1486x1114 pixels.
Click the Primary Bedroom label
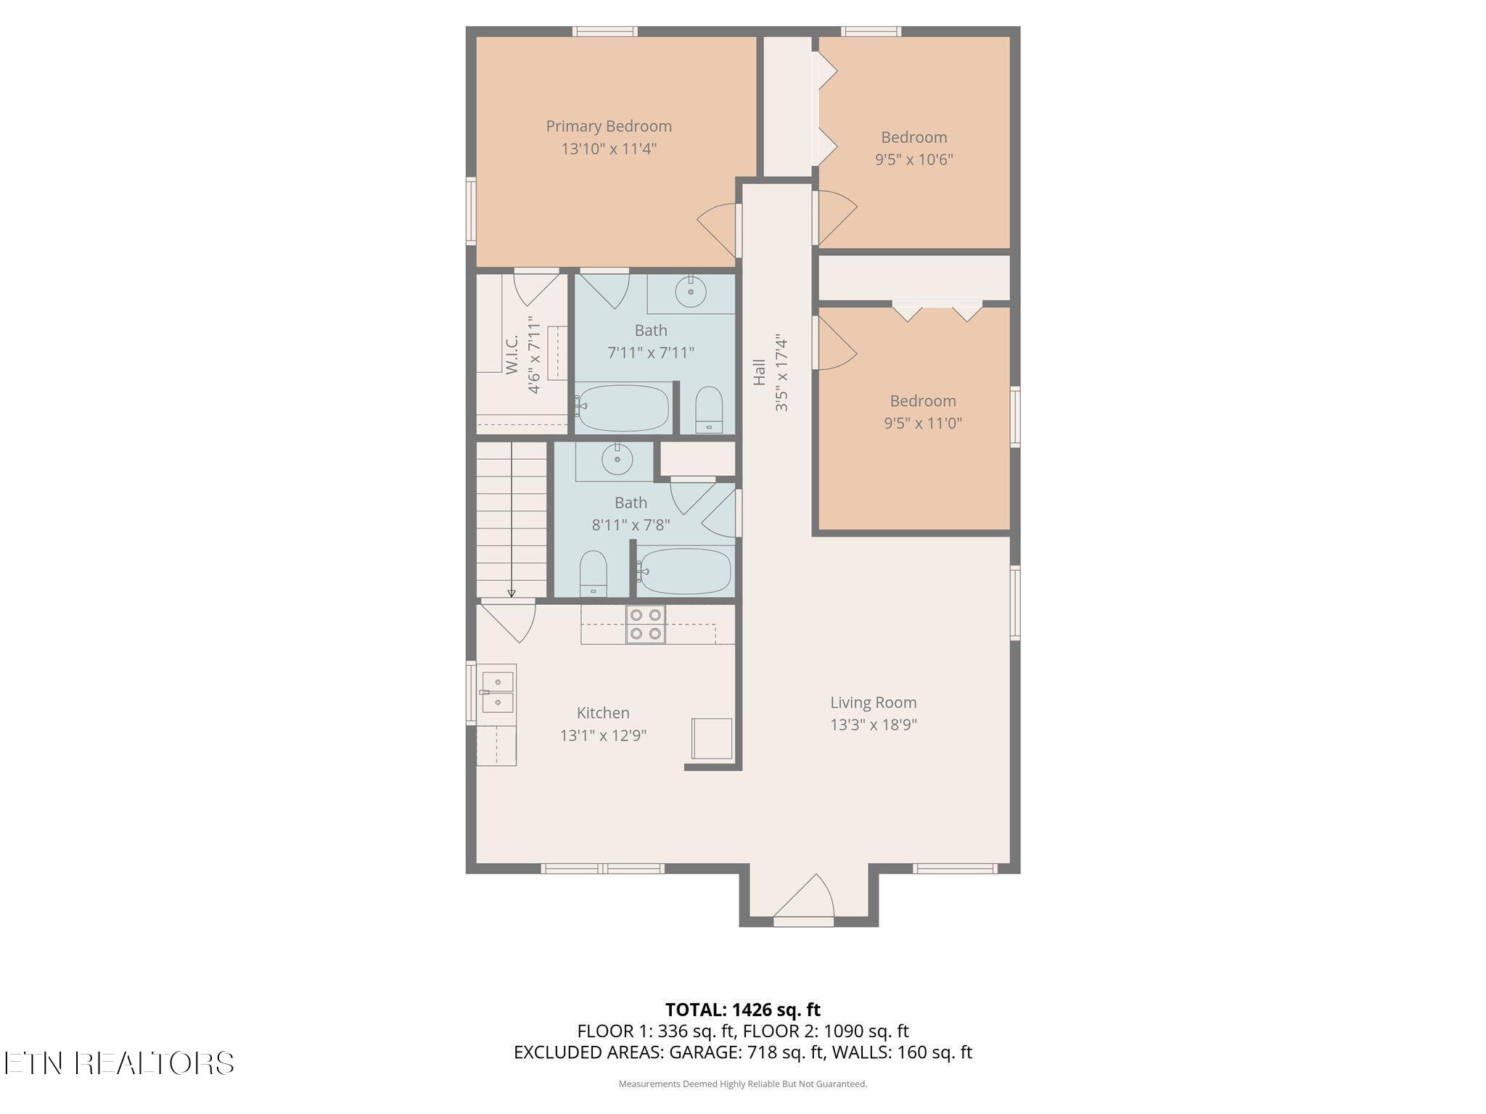pyautogui.click(x=609, y=126)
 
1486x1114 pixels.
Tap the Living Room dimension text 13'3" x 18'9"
pyautogui.click(x=874, y=725)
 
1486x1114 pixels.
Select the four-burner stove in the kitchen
pyautogui.click(x=646, y=624)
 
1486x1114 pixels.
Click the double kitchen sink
pyautogui.click(x=497, y=693)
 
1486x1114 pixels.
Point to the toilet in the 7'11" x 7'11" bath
pyautogui.click(x=709, y=410)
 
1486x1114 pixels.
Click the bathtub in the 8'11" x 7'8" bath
pyautogui.click(x=684, y=572)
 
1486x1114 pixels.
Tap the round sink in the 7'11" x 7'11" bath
pyautogui.click(x=690, y=293)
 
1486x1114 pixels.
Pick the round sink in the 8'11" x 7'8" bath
pyautogui.click(x=617, y=460)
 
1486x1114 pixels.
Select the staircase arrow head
pyautogui.click(x=512, y=593)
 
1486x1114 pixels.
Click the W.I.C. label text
pyautogui.click(x=512, y=355)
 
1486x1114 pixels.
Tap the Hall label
pyautogui.click(x=760, y=372)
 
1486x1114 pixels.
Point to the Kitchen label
pyautogui.click(x=603, y=713)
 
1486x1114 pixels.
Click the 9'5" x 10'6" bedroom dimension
pyautogui.click(x=914, y=160)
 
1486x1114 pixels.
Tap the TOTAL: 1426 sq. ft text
pyautogui.click(x=743, y=1010)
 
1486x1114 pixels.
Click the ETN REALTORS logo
pyautogui.click(x=119, y=1063)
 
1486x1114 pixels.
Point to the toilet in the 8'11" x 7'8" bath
pyautogui.click(x=593, y=574)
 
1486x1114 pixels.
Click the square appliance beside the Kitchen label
pyautogui.click(x=711, y=738)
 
